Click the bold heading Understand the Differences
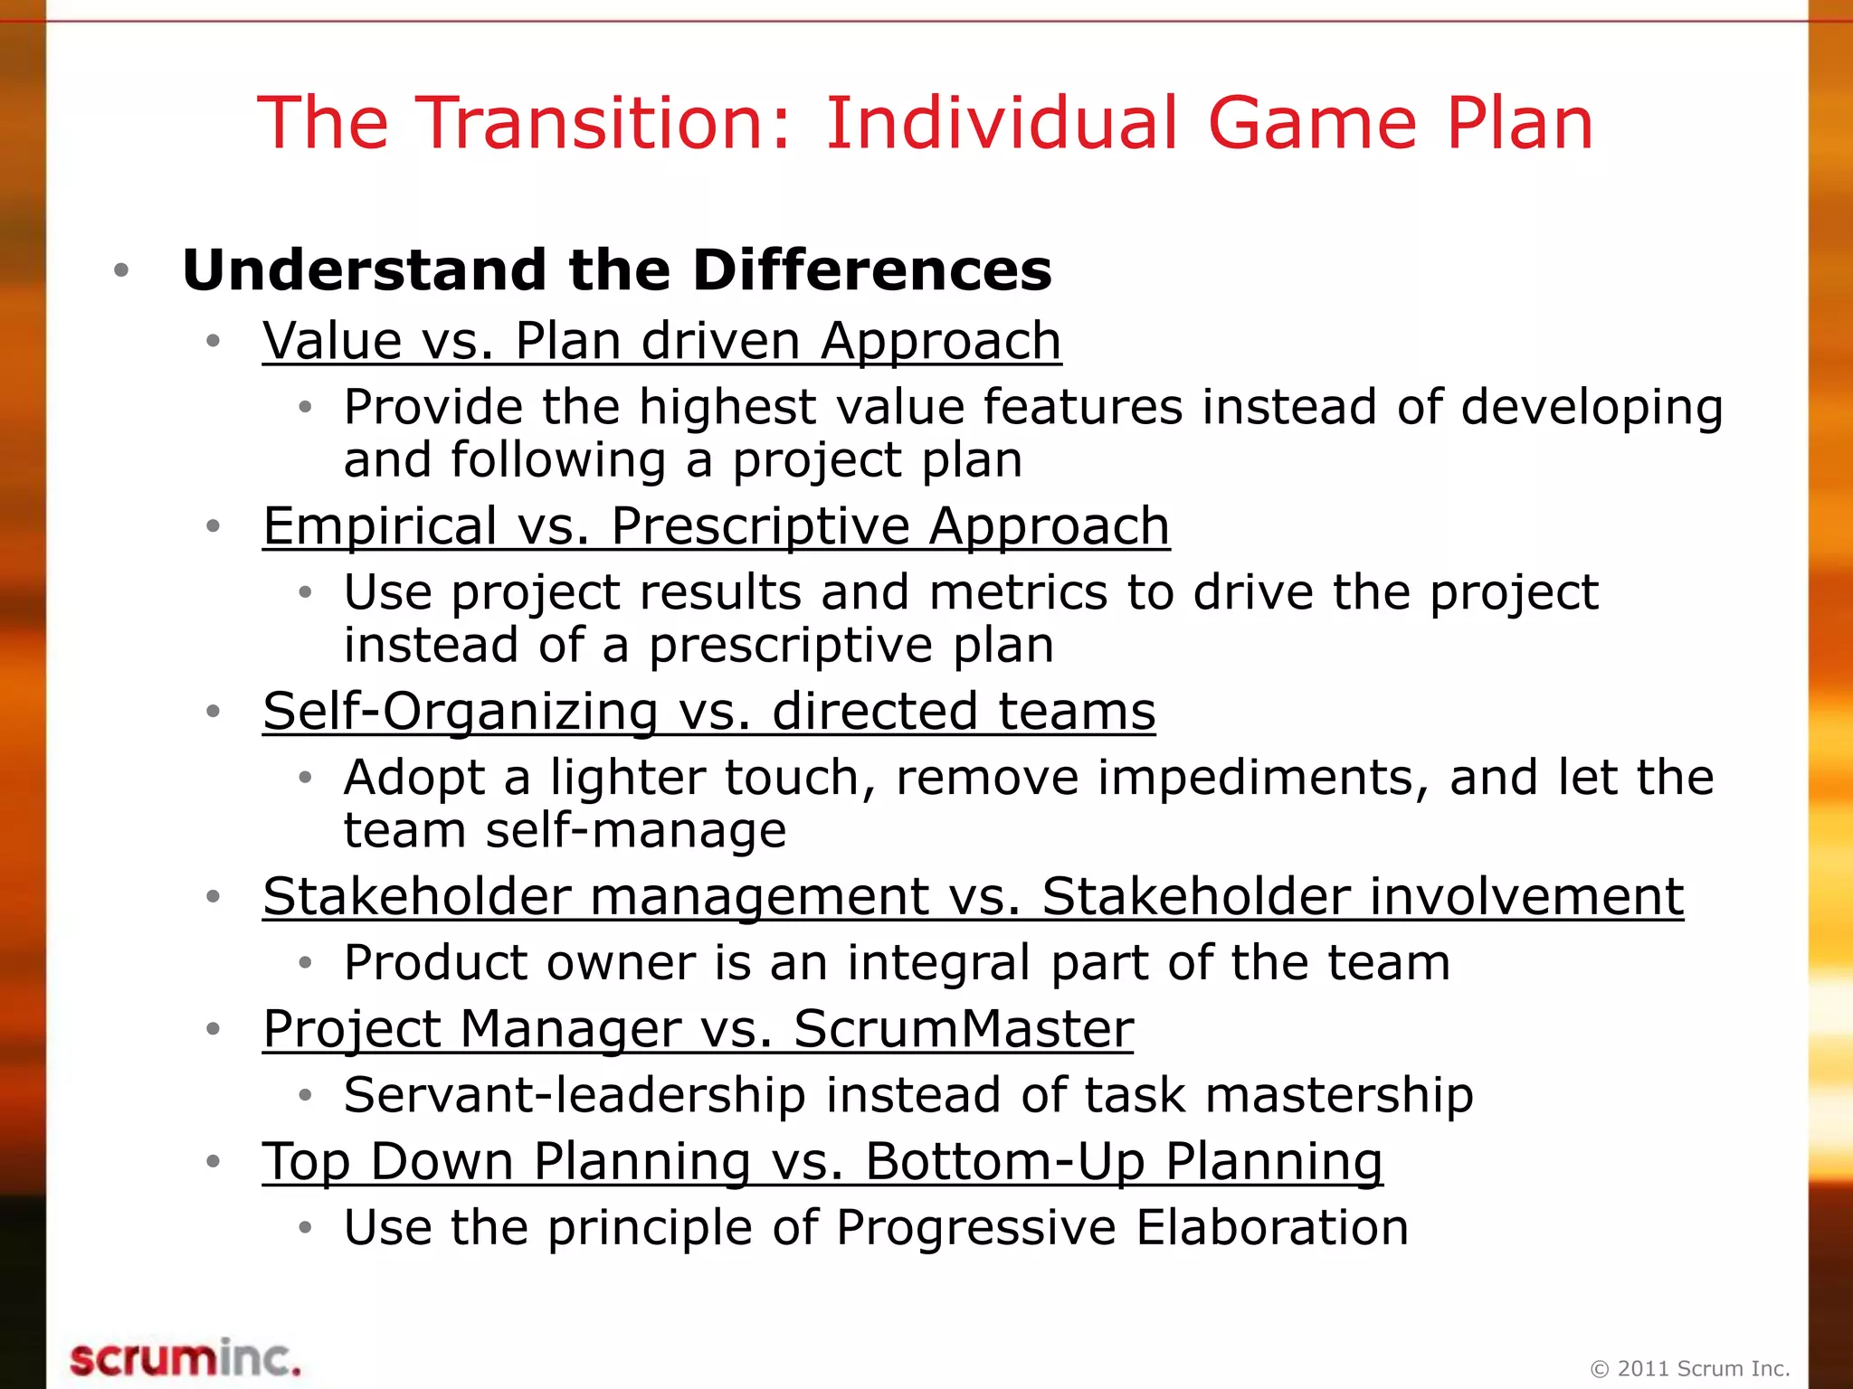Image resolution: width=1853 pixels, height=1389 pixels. pos(617,269)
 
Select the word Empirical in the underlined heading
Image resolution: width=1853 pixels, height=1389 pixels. pos(379,525)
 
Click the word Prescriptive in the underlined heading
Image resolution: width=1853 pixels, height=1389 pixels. pos(758,525)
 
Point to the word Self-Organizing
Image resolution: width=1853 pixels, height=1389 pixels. pos(460,711)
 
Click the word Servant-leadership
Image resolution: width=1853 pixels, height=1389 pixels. pos(575,1095)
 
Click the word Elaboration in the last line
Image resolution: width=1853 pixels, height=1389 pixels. pos(1271,1227)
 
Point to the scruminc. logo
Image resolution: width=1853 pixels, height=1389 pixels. pos(185,1358)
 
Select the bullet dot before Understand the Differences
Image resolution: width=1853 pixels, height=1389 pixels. pos(121,270)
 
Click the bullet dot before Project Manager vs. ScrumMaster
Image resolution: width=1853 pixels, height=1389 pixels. pos(214,1029)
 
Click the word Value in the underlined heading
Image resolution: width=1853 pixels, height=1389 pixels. pos(332,341)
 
